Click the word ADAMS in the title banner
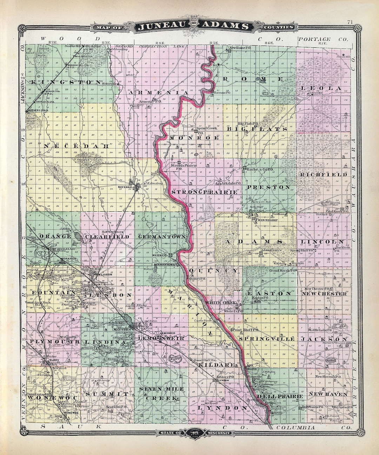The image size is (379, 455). [224, 26]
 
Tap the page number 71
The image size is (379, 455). [350, 22]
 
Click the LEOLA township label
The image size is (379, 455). [326, 88]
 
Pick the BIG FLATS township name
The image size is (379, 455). [257, 129]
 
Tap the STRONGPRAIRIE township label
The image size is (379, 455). [205, 192]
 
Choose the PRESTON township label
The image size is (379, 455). [269, 187]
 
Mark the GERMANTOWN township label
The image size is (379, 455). [162, 237]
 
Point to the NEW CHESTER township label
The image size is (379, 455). [324, 294]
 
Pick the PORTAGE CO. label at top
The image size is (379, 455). [319, 39]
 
